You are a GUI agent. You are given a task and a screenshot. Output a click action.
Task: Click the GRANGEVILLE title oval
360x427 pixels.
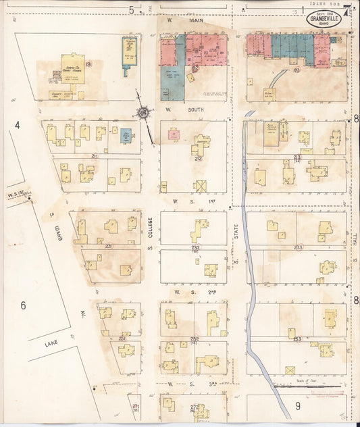(x=324, y=18)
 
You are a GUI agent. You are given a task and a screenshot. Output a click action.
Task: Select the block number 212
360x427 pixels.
(x=197, y=159)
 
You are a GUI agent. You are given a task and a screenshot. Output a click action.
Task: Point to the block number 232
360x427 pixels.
(x=195, y=248)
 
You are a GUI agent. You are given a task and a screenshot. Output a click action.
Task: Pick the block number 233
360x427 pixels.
(x=298, y=248)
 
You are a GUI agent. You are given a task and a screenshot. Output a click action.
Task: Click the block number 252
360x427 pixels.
(x=195, y=338)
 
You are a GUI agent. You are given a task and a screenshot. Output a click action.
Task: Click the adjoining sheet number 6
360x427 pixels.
(x=22, y=306)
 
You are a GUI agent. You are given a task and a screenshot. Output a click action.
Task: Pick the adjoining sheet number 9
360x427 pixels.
(x=297, y=406)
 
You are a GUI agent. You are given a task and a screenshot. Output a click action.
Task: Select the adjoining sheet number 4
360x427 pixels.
(x=18, y=125)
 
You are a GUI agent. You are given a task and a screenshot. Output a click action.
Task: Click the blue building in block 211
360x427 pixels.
(x=126, y=134)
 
